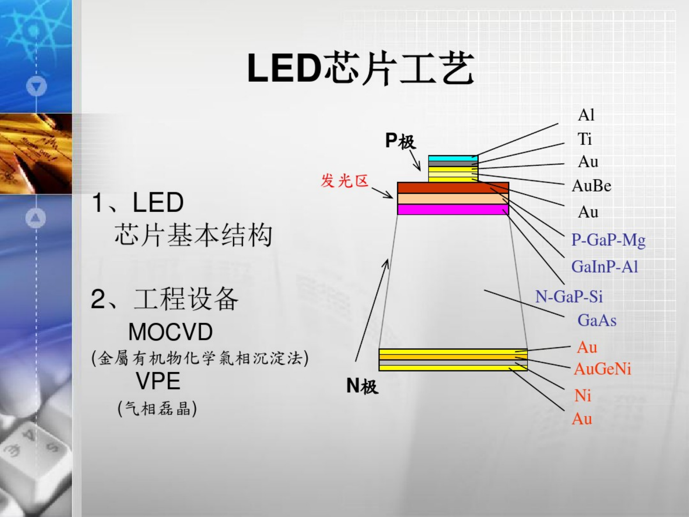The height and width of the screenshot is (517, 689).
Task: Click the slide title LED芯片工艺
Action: coord(360,68)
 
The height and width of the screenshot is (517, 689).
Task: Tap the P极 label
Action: coord(400,141)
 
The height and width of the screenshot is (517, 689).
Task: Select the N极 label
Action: coord(362,385)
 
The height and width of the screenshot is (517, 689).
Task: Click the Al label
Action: coord(586,115)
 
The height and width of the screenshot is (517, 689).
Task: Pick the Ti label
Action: coord(584,139)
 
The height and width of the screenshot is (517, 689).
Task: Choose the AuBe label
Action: coord(591,186)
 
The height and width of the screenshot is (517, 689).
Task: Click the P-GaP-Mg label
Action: coord(609,241)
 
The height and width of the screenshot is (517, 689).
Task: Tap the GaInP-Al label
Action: coord(605,267)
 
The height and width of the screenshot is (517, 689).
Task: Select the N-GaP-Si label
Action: coord(569,297)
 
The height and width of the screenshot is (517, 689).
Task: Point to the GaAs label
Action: coord(597,320)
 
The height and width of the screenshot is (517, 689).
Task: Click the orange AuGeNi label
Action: coord(602,369)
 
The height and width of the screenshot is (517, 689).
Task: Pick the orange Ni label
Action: coord(583,395)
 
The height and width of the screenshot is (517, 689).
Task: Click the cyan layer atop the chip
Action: coord(453,158)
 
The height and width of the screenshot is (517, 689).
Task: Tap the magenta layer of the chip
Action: coord(453,209)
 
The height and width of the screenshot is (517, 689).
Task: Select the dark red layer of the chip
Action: coord(453,188)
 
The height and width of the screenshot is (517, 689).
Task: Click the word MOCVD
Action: coord(171,332)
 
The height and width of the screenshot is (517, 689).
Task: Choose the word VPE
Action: coord(158,381)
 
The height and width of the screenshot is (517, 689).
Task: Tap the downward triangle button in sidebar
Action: coord(37,86)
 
